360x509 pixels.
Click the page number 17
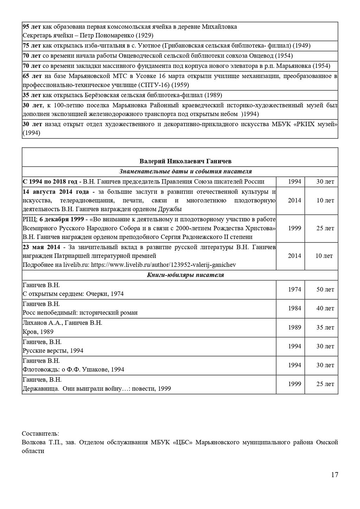[335, 475]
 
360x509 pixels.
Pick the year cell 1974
[295, 289]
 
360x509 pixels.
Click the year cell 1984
[295, 308]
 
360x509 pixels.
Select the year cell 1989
[295, 327]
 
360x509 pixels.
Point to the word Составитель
[40, 433]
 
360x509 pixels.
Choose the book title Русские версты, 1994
[53, 350]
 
